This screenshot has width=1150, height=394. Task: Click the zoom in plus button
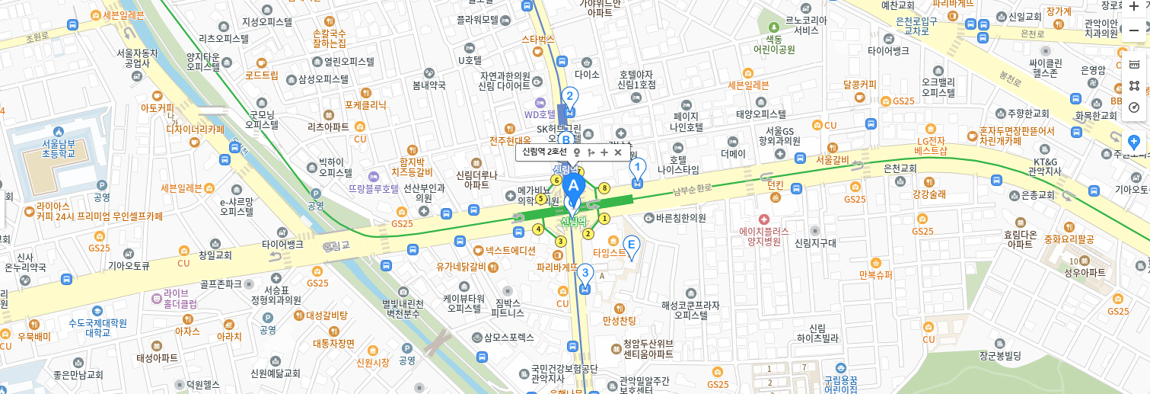click(x=1133, y=7)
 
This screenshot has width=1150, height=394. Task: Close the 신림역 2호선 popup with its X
click(x=618, y=152)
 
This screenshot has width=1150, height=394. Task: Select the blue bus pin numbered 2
click(x=569, y=97)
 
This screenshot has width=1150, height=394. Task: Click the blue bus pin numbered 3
click(x=585, y=273)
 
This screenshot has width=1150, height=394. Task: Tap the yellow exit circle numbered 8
click(x=604, y=187)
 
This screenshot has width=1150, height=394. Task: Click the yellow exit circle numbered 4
click(x=539, y=229)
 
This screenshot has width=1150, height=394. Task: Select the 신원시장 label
click(x=372, y=363)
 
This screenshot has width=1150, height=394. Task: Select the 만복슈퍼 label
click(x=874, y=275)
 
